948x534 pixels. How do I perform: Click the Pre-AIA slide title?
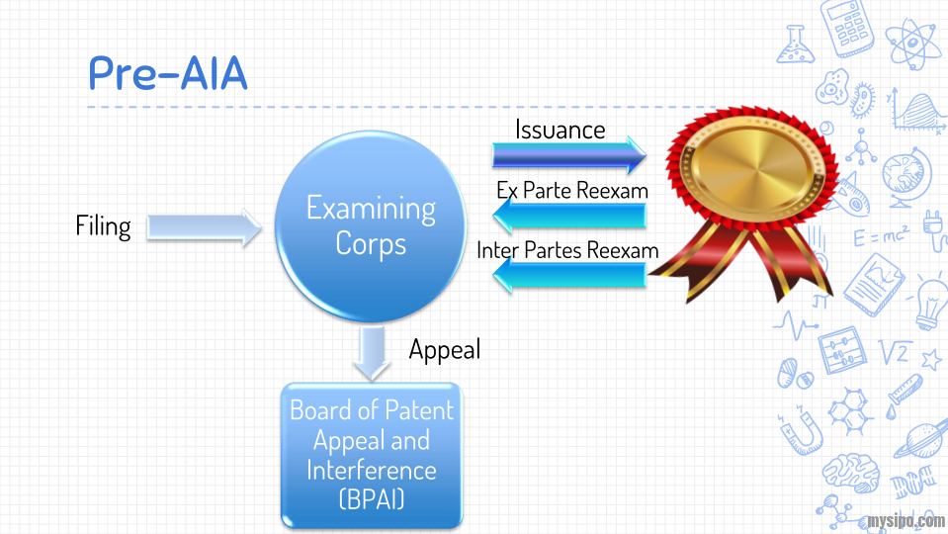coord(167,74)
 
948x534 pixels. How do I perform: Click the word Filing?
coord(103,226)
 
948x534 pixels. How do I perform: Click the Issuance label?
coord(560,130)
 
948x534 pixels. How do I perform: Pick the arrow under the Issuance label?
coord(568,154)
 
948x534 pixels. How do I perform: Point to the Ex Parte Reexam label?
coord(572,190)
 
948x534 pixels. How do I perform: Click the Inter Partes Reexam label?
coord(567,250)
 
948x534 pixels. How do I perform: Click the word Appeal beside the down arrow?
coord(444,349)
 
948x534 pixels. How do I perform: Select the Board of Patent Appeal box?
coord(371,455)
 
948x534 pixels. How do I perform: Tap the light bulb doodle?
coord(929,302)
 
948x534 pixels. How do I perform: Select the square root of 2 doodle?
coord(895,351)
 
